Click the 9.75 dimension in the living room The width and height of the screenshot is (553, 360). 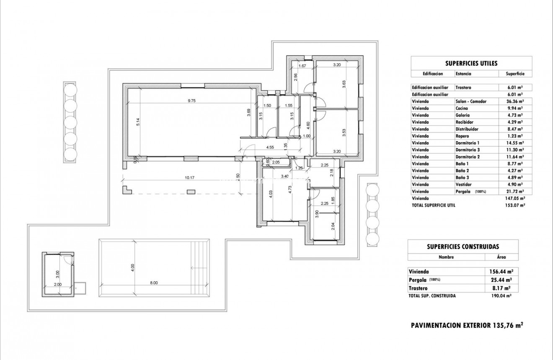click(192, 101)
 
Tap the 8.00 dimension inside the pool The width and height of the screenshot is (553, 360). click(154, 283)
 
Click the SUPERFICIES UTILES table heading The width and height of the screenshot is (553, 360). click(471, 64)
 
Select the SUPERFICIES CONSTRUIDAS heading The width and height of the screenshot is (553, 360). click(463, 247)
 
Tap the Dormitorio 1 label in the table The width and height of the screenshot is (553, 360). click(467, 143)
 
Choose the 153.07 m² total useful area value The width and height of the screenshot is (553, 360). click(515, 205)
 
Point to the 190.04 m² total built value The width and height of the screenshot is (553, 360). click(501, 296)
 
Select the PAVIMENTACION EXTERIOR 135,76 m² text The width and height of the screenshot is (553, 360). click(467, 325)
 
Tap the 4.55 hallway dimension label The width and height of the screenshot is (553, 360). click(270, 147)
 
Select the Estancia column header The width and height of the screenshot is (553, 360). click(463, 74)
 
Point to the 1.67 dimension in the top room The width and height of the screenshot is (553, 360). click(302, 66)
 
